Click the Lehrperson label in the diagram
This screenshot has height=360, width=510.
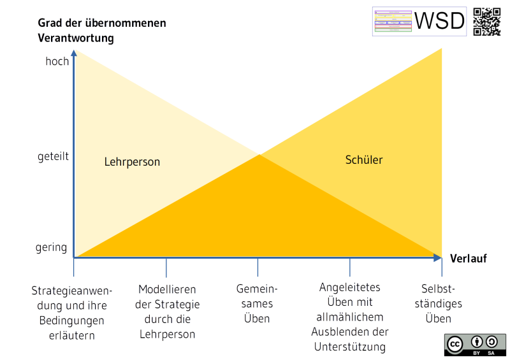[x=132, y=162]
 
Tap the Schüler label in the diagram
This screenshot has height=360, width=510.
[x=364, y=160]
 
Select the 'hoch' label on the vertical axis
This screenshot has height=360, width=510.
[x=57, y=62]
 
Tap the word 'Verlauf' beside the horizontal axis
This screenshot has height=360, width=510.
[x=469, y=258]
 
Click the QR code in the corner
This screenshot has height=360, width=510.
[x=488, y=21]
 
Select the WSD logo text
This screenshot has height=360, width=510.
[x=440, y=21]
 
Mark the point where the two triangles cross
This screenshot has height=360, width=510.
[x=259, y=154]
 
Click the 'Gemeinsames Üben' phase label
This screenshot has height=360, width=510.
[x=258, y=304]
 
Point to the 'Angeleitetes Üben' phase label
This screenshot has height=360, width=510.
[x=349, y=317]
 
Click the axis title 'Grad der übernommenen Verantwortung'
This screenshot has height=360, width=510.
[x=101, y=31]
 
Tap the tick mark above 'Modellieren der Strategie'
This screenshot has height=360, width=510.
[x=166, y=267]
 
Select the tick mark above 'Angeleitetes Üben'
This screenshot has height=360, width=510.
[x=349, y=267]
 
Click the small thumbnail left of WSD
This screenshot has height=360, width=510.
[x=391, y=21]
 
